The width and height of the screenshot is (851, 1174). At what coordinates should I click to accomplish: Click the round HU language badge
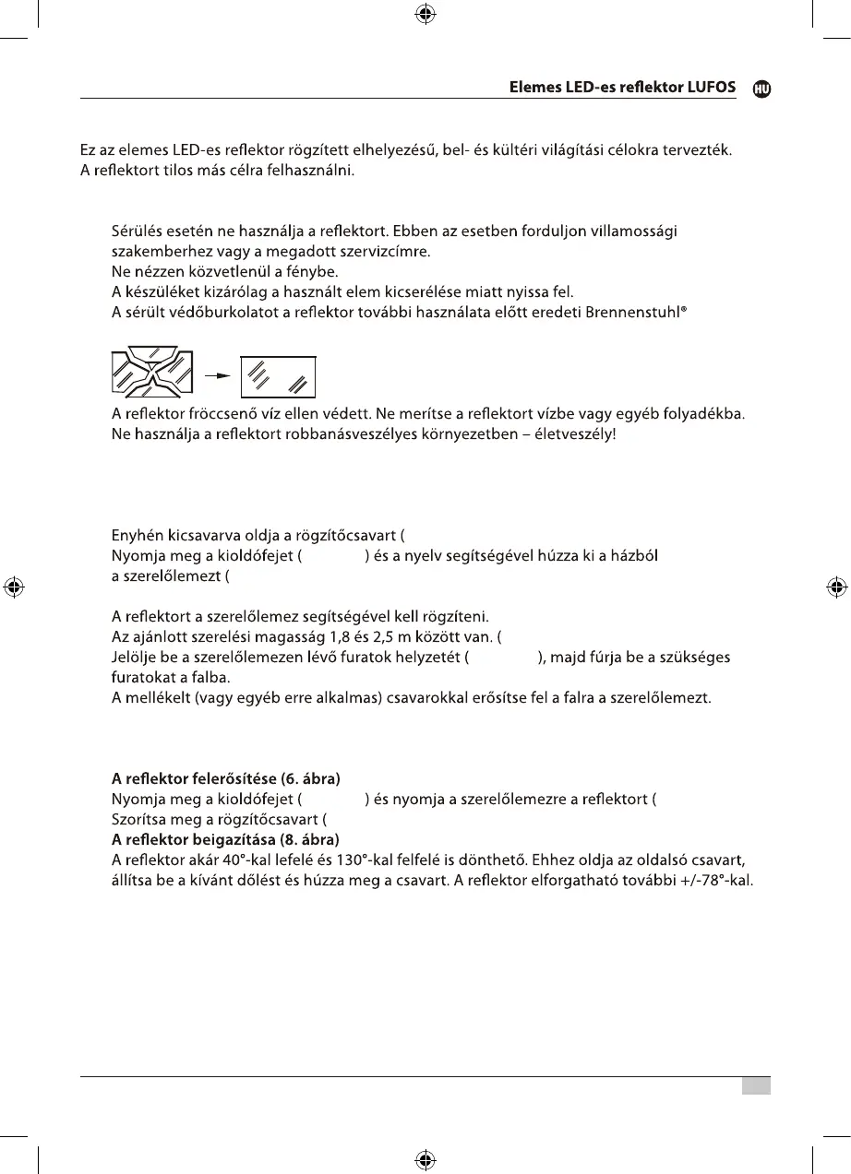click(761, 89)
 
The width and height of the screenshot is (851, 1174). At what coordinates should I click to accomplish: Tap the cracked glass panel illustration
click(151, 374)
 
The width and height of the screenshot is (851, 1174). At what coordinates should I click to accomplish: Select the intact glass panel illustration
click(277, 376)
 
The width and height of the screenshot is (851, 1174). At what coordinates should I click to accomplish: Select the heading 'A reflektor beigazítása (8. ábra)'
click(225, 839)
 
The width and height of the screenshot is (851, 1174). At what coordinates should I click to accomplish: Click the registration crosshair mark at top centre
click(425, 14)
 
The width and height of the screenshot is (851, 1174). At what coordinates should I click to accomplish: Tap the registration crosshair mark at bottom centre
click(425, 1158)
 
